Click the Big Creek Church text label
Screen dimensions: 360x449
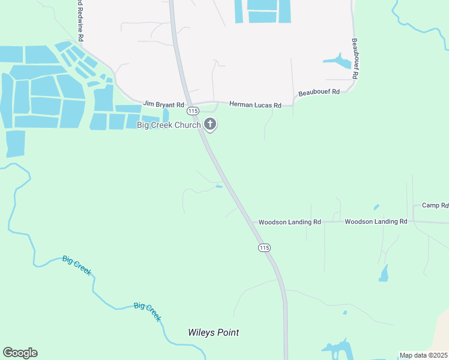[x=169, y=125]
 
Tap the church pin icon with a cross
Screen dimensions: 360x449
[x=210, y=125]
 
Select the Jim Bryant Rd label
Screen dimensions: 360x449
[x=161, y=104]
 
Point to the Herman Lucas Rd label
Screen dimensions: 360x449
[x=255, y=105]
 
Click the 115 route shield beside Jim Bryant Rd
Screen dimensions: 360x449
[x=192, y=111]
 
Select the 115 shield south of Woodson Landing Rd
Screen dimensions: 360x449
[x=264, y=247]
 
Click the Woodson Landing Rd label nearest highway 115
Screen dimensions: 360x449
[x=289, y=222]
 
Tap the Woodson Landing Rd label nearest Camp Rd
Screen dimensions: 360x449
[x=376, y=221]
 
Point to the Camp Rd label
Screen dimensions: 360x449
[x=435, y=205]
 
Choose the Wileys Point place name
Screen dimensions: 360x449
[x=213, y=332]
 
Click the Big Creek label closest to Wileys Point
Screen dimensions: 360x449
[x=148, y=312]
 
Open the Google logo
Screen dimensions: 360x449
[x=20, y=353]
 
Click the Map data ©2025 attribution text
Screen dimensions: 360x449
[x=423, y=355]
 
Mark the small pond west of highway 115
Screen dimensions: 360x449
[x=219, y=187]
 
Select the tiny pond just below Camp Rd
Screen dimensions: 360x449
[x=376, y=208]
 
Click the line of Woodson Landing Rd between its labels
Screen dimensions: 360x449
[x=333, y=222]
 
